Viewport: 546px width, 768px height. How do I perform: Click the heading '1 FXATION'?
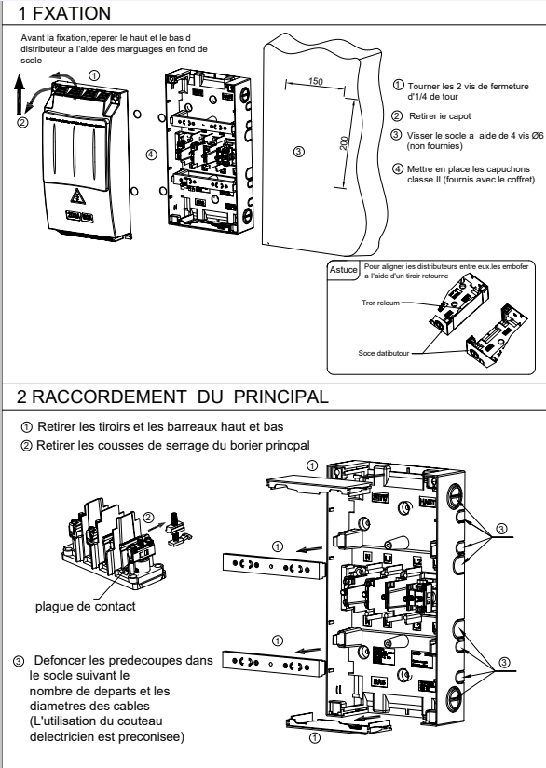tap(63, 13)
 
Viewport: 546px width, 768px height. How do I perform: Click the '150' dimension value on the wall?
tap(316, 81)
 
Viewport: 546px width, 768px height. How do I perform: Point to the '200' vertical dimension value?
tap(344, 142)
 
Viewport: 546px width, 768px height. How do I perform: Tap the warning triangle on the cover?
tap(76, 196)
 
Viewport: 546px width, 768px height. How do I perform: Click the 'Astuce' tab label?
tap(343, 270)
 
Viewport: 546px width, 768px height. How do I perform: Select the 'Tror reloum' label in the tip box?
tap(380, 303)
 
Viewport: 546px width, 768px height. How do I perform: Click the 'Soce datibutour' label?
tap(383, 353)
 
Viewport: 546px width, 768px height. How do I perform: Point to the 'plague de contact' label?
tap(86, 606)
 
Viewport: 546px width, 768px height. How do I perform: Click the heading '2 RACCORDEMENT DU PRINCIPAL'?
tap(172, 397)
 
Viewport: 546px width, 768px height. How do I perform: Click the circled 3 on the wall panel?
tap(298, 152)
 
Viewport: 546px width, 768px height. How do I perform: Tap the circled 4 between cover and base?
tap(151, 155)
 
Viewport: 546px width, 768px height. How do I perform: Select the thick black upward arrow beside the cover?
tap(19, 95)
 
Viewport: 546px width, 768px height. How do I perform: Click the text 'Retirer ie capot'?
tap(440, 116)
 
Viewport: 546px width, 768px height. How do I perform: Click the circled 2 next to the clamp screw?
tap(148, 518)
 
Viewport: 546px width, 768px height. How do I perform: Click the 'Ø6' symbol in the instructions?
tap(538, 136)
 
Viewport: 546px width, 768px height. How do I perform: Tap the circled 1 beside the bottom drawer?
tap(315, 737)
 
